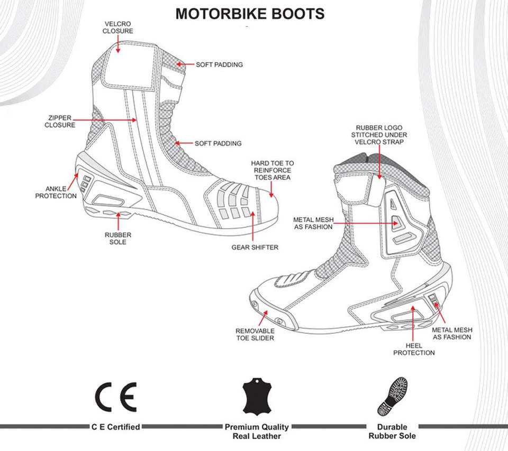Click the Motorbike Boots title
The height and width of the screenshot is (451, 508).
point(250,14)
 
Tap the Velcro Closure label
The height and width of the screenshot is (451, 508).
point(118,27)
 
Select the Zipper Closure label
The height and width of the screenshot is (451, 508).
point(60,121)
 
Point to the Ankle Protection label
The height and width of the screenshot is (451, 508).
point(56,192)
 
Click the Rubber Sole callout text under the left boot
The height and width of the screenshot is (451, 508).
point(118,239)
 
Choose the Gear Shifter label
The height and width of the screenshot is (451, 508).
point(255,247)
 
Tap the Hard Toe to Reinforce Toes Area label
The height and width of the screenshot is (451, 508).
point(273,171)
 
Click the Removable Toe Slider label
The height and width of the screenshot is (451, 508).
point(255,335)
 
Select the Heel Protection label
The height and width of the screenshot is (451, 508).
point(414,349)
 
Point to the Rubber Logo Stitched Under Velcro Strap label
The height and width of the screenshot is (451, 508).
point(379,135)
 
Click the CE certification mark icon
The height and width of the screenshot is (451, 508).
point(116,397)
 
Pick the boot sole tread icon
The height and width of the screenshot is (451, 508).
point(392,396)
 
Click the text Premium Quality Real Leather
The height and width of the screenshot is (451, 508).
point(257,431)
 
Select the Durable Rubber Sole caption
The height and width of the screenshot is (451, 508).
point(392,431)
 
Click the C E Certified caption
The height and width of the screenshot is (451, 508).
point(116,427)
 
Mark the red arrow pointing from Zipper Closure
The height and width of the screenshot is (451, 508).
point(104,120)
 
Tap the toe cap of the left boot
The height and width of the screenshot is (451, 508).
point(266,207)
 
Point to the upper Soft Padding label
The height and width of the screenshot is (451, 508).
point(219,64)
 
